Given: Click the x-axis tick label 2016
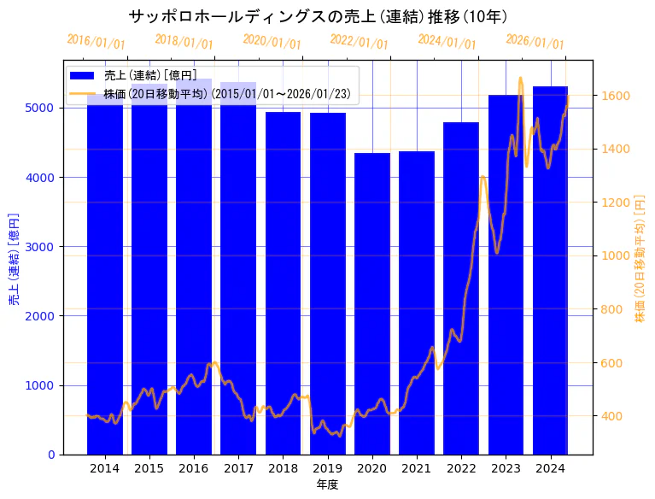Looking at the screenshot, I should pos(194,468).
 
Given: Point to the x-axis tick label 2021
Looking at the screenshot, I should pos(417,468).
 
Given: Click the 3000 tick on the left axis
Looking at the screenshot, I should pos(44,247).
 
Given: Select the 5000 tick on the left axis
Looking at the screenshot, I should pos(44,109).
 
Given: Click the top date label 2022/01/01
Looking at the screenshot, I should pos(359,42).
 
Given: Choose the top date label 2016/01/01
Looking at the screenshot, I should pos(96,42).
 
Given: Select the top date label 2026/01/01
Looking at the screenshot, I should pos(535,42).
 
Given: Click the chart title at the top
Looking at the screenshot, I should pos(318,16).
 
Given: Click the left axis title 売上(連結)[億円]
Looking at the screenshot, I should pos(14,258).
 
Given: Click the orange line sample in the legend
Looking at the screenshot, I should pos(84,94).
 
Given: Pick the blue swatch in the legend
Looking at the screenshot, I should pos(84,76).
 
